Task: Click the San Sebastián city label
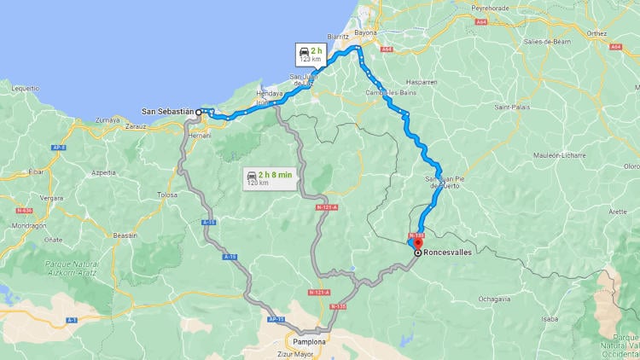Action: tap(168, 112)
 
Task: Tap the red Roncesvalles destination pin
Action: tap(417, 245)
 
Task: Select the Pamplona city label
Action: tap(308, 339)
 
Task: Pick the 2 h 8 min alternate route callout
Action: tap(270, 178)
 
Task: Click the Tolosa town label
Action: tap(167, 195)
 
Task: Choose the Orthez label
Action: tap(620, 34)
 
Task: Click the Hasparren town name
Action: tap(422, 82)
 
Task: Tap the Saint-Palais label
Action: tap(511, 107)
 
